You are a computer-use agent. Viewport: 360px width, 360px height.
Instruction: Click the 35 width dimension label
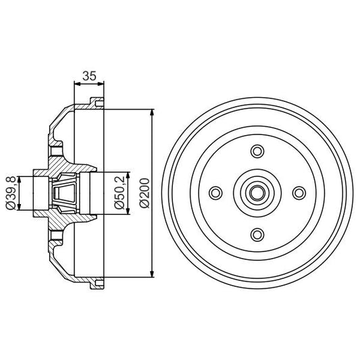88,76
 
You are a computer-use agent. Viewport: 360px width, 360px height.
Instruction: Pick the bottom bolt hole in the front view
257,234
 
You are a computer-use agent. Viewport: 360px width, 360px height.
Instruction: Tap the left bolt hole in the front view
215,193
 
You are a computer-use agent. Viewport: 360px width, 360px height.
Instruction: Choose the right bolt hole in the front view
298,193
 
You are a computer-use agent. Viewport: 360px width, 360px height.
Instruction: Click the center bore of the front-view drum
257,193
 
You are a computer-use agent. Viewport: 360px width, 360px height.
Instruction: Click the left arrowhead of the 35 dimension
74,84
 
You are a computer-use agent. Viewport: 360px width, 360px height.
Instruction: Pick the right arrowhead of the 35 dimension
103,84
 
